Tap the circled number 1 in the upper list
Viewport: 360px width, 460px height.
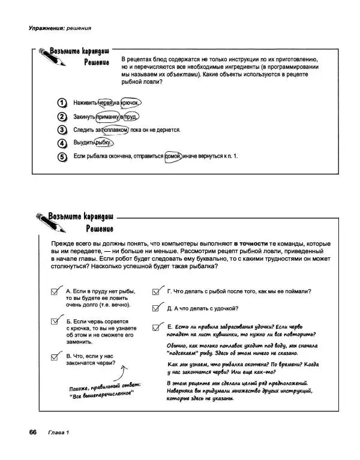61,103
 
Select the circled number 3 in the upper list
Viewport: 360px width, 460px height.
61,130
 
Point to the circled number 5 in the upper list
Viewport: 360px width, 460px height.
61,157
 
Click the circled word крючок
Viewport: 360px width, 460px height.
131,103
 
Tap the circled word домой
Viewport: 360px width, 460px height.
173,157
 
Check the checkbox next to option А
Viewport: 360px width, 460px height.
57,291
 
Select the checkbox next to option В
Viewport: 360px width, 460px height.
57,356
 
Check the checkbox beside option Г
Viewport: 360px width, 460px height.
157,291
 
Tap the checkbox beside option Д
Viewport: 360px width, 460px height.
157,308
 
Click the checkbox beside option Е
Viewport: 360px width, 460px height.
157,326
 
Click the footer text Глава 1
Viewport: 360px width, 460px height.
59,433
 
